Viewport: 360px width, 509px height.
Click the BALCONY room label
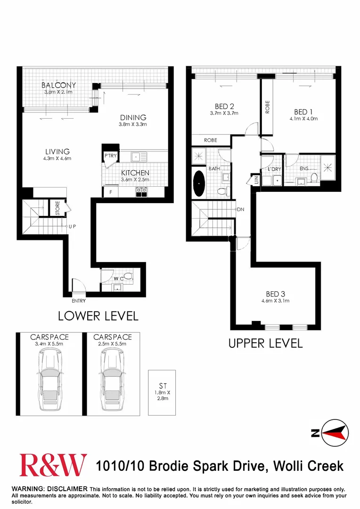[x=58, y=85]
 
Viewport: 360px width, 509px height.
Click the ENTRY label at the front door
[x=79, y=301]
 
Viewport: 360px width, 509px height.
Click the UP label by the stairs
[x=72, y=226]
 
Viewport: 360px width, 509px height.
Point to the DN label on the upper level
[x=240, y=209]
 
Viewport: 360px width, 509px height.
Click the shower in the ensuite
[x=327, y=166]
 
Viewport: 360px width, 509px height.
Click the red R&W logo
[x=53, y=465]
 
